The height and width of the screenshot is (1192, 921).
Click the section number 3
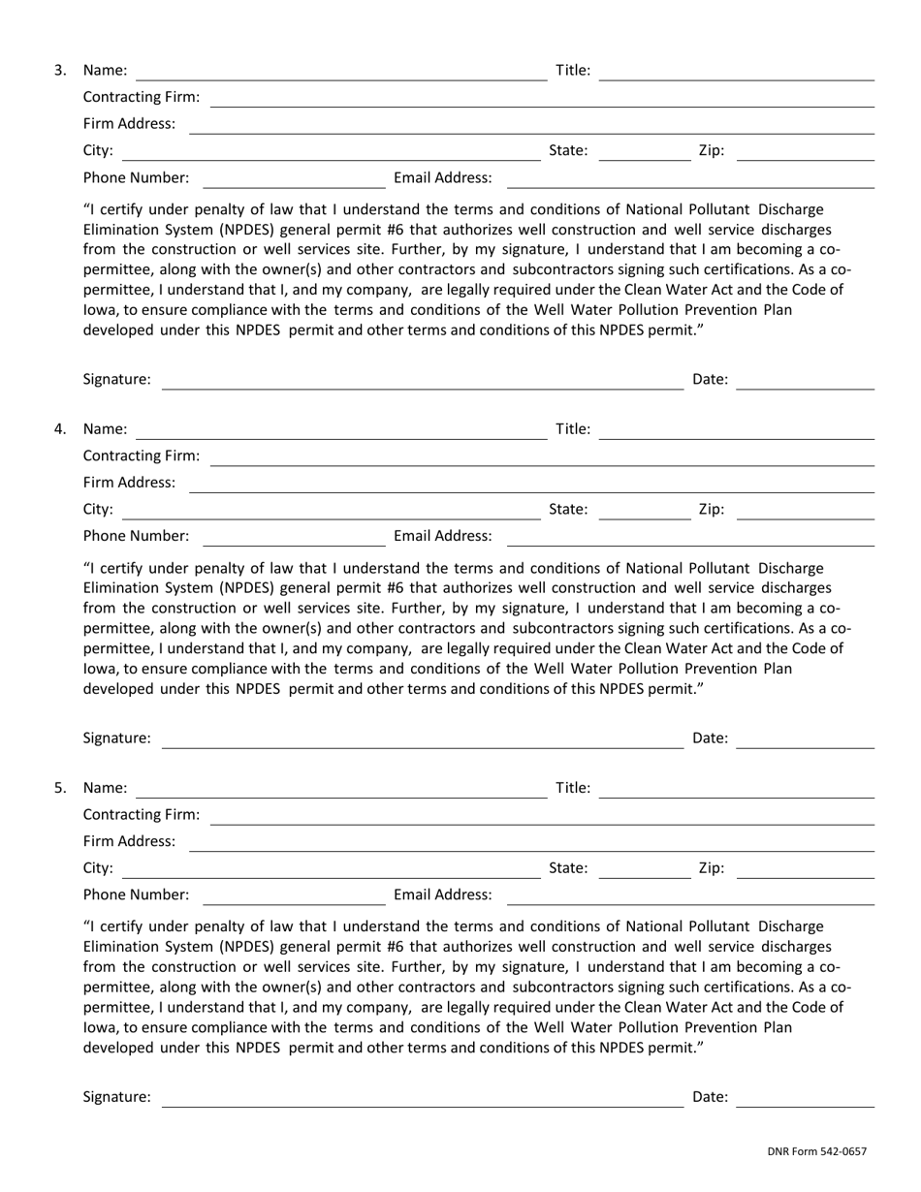tap(60, 70)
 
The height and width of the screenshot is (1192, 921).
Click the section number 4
tap(60, 428)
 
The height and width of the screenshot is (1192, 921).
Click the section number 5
tap(60, 788)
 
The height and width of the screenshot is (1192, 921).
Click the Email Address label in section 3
tap(443, 178)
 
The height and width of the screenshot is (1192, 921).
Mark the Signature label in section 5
tap(117, 1096)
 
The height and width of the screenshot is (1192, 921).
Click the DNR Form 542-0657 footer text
tap(816, 1152)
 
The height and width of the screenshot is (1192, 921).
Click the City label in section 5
tap(98, 868)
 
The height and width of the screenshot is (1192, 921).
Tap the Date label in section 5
tap(710, 1096)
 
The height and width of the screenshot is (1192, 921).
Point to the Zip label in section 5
tap(711, 868)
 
